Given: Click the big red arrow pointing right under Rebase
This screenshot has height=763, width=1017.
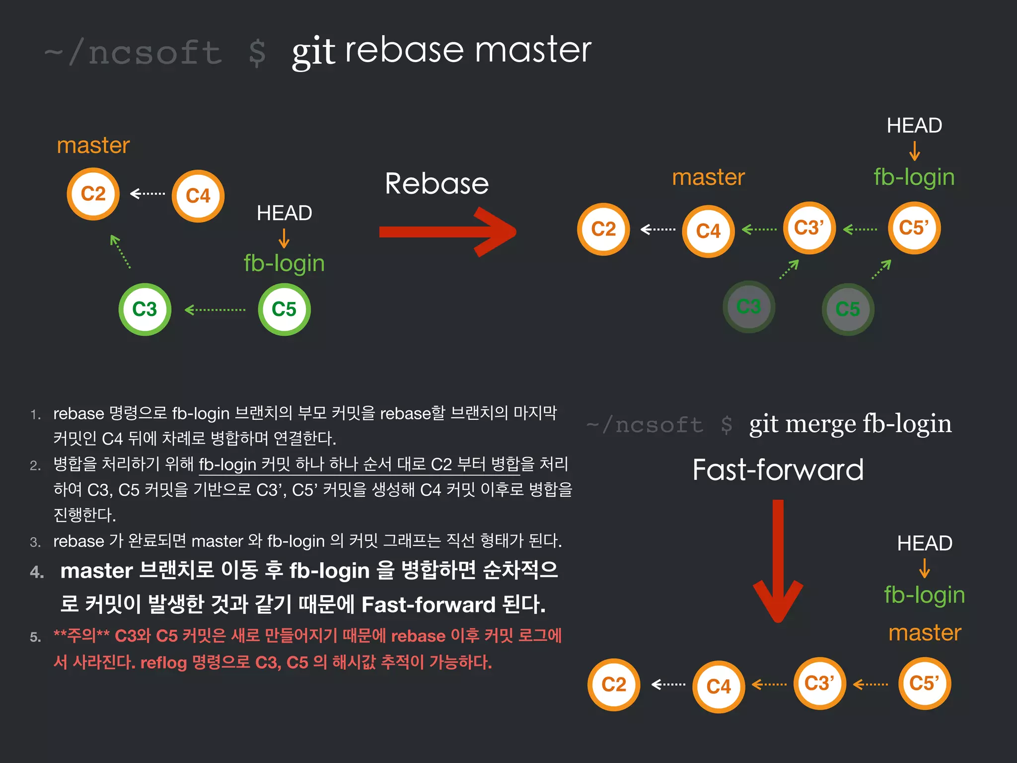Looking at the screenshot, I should coord(447,232).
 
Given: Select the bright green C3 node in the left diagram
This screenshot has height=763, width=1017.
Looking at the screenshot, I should coord(145,309).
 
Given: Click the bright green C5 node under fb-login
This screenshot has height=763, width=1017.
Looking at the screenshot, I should coord(284,309).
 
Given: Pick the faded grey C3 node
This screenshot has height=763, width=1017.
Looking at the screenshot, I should coord(748,307).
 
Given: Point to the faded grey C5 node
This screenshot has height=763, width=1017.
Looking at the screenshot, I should coord(848,309).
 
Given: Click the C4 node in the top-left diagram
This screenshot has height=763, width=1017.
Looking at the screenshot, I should coord(198,196).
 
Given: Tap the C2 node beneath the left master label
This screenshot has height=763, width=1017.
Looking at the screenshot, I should coord(93,194).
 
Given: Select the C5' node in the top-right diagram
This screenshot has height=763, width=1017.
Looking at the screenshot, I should coord(914,228).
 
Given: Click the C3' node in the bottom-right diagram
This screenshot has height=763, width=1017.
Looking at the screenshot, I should coord(819,684).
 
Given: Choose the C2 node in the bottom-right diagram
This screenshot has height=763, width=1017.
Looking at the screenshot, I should coord(614,685).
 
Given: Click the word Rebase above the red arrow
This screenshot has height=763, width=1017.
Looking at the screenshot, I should coord(436,183).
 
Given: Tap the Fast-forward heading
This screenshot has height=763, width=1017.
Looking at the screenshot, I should coord(778,470).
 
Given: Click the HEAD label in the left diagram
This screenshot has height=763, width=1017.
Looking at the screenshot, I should coord(284,213).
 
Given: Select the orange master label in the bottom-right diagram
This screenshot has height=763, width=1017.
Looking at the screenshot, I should coord(925,632).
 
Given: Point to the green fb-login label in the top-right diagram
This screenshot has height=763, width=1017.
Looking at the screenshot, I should coord(914,177).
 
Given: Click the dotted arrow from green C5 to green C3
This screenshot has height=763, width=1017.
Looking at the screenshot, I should coord(215,310).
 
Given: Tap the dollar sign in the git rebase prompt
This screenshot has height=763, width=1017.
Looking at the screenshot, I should coord(257,53).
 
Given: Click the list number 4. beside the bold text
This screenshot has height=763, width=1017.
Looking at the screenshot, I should coord(37,572).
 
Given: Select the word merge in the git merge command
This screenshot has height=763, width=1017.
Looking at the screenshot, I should coord(821,424).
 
